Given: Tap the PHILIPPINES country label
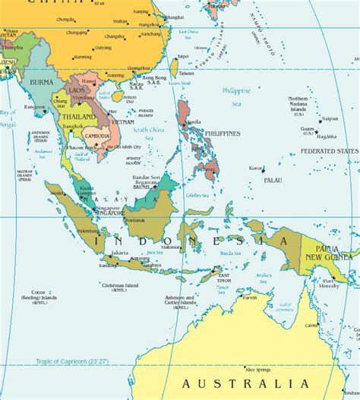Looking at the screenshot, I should [222, 134].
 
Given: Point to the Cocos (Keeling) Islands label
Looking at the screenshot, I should [39, 295].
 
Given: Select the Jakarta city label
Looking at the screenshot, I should [119, 251].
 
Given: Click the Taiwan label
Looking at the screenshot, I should [186, 73].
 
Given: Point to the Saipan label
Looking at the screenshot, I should [330, 118].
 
